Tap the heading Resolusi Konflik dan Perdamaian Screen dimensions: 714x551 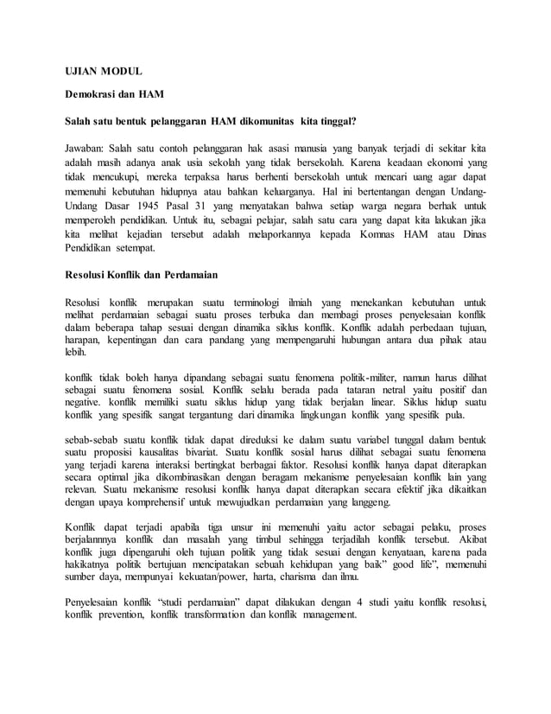click(142, 275)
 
